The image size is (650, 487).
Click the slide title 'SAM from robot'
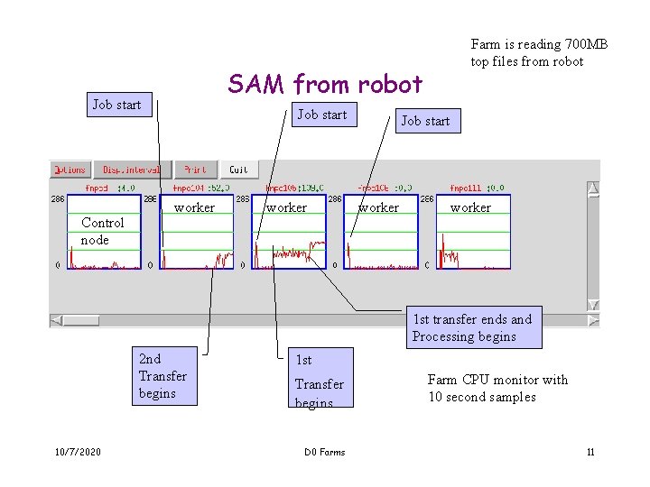(x=325, y=85)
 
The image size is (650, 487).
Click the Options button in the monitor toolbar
(x=70, y=170)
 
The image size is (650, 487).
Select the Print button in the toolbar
(x=195, y=170)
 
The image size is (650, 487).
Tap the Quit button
(x=238, y=170)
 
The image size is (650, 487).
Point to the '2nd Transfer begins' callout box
(x=163, y=376)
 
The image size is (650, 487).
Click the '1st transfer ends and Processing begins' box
(x=474, y=328)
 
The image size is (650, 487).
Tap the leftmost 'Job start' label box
(x=117, y=105)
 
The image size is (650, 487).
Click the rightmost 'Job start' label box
(x=425, y=121)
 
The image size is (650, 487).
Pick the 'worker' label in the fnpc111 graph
(x=470, y=207)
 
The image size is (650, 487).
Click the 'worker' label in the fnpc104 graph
(x=194, y=207)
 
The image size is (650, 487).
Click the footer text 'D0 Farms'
(x=324, y=452)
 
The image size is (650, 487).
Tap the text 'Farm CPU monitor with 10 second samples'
(x=497, y=388)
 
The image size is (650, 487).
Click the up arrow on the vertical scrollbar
(x=593, y=188)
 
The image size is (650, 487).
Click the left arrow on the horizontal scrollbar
(x=56, y=320)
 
